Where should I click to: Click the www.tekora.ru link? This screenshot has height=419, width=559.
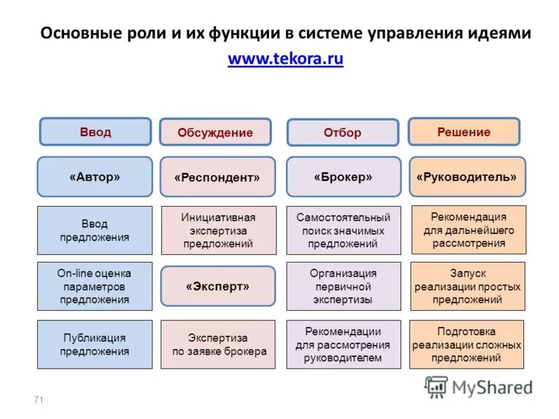point(285,59)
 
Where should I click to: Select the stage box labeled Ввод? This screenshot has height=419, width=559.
point(95,132)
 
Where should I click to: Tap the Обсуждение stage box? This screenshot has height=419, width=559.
point(215,132)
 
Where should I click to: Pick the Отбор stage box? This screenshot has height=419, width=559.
point(342,133)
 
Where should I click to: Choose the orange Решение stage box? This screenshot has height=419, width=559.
point(463,131)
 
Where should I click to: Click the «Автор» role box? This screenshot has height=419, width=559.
point(94,177)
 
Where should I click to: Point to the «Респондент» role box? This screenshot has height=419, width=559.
point(217,177)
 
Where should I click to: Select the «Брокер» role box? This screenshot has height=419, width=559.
point(343,177)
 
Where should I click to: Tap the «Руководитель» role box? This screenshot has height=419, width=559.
point(466,177)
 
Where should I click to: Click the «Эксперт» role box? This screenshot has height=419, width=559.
point(217,286)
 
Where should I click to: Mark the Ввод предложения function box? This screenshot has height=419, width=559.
point(94,230)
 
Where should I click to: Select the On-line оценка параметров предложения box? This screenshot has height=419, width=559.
point(94,286)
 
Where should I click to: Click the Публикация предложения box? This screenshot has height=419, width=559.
point(94,344)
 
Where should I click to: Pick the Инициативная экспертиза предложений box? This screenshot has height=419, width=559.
point(218,230)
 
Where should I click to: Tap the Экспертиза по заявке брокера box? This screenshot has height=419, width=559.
point(219,344)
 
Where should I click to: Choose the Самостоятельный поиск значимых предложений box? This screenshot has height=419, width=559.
point(343,230)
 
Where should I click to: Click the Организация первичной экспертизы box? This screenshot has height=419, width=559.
point(343,286)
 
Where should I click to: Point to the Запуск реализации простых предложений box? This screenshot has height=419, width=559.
point(467,286)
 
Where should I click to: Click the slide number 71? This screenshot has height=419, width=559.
point(38,399)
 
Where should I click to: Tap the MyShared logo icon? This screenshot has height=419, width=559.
point(436,386)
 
